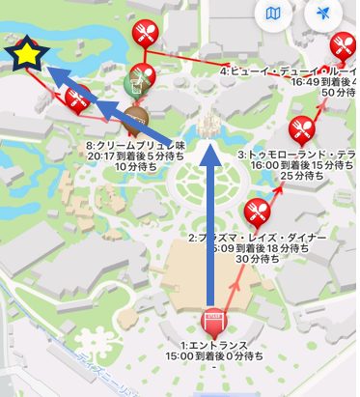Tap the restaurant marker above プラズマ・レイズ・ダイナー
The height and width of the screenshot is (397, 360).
point(258,209)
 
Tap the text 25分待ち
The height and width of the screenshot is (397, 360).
point(298,177)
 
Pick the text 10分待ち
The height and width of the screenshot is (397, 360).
point(132,166)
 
